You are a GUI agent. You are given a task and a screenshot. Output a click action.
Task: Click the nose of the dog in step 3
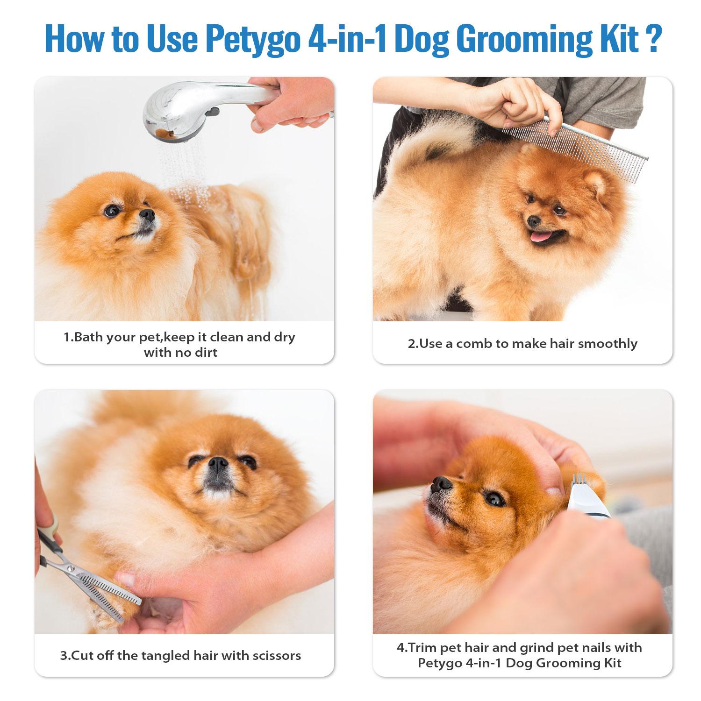point(218,464)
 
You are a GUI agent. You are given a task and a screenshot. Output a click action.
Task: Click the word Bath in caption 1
point(89,337)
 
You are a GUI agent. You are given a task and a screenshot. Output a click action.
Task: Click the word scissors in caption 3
point(274,655)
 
